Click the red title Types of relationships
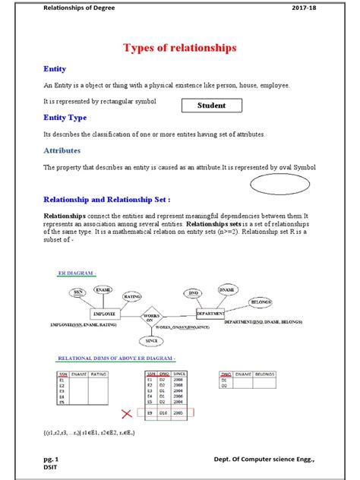pos(180,48)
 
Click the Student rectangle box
pos(211,106)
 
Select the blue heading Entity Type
pos(65,118)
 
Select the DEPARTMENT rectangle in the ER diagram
pos(210,312)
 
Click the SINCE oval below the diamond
pos(150,340)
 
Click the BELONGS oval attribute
pos(261,302)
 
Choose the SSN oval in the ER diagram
pos(77,292)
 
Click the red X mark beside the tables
pos(126,414)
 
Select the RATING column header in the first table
pos(99,374)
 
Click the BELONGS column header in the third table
pos(264,374)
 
